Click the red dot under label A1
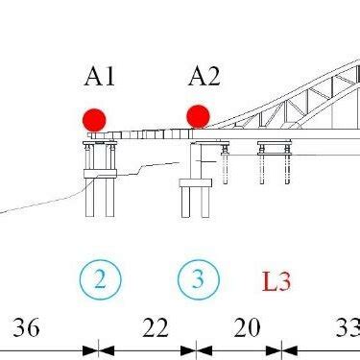click(94, 120)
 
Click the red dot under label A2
click(198, 116)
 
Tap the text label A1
click(99, 77)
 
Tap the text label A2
click(204, 77)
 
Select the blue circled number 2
click(100, 279)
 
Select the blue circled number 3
click(198, 279)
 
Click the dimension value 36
click(26, 328)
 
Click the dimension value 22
click(155, 328)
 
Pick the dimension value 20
click(247, 328)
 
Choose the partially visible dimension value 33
click(347, 328)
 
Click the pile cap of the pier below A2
click(196, 182)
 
